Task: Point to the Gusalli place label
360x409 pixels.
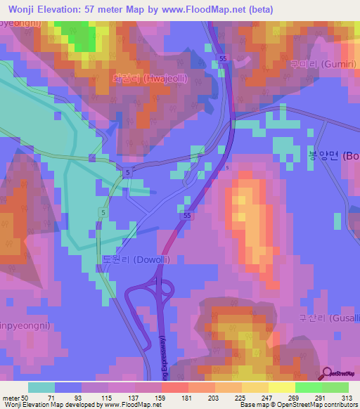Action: (329, 318)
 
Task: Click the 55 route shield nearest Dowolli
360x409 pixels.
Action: (186, 218)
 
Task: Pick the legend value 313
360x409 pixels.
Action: (346, 397)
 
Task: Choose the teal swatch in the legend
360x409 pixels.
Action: (41, 387)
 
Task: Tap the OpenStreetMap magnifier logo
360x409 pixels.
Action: (328, 372)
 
